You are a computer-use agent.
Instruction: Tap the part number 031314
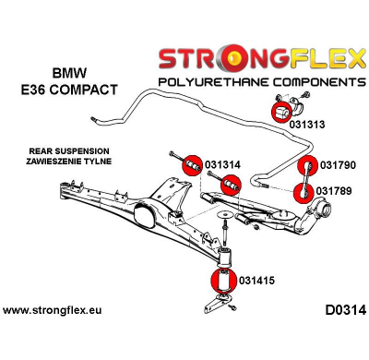224,164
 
